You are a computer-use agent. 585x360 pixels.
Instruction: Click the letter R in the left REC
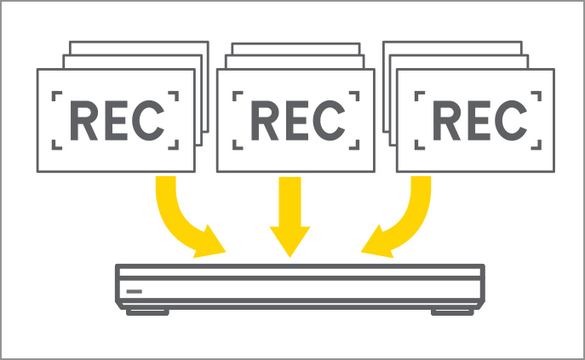point(83,121)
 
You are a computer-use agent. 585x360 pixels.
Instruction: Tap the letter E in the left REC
point(115,121)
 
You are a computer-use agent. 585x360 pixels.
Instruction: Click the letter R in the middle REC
point(263,121)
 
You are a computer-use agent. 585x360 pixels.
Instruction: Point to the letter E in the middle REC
point(295,121)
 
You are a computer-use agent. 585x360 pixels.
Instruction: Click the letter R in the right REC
point(444,121)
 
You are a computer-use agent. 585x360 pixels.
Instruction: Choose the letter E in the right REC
point(476,121)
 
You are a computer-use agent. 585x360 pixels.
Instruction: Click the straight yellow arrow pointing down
point(290,217)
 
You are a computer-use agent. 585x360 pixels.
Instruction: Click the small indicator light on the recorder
point(135,290)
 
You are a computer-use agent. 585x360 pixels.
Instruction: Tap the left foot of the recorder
point(146,311)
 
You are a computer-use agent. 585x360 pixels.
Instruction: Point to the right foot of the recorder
point(452,311)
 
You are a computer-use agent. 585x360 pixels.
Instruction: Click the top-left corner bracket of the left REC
point(58,96)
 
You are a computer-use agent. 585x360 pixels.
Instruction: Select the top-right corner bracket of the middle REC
point(354,96)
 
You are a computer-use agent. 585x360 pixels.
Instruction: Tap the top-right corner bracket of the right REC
point(535,96)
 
